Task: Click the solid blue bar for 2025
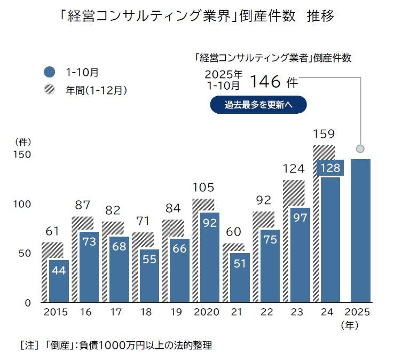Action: [360, 230]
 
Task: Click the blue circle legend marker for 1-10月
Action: [50, 71]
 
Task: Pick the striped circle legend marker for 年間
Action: [50, 90]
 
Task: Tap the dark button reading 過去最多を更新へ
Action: [258, 105]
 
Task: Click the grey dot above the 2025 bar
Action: [360, 148]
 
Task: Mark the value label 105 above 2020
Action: [203, 187]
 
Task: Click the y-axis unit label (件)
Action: [23, 142]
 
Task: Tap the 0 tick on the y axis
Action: [28, 303]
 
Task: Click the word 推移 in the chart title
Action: [321, 17]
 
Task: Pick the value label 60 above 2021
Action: [233, 232]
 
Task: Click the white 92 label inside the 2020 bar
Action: [210, 222]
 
